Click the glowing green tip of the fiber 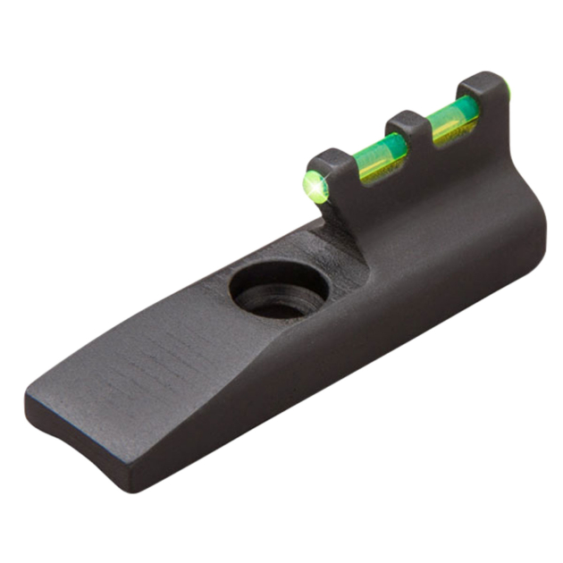click(x=313, y=185)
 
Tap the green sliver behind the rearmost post click(x=506, y=88)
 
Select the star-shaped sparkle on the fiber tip click(x=312, y=186)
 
